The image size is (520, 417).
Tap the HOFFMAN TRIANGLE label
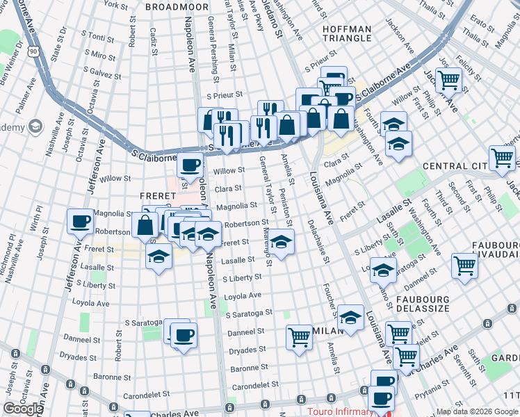pyautogui.click(x=347, y=33)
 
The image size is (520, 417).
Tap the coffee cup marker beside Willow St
pyautogui.click(x=190, y=166)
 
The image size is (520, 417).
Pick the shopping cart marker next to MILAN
pyautogui.click(x=299, y=338)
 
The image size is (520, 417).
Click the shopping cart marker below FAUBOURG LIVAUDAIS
pyautogui.click(x=464, y=265)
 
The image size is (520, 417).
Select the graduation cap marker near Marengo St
pyautogui.click(x=281, y=242)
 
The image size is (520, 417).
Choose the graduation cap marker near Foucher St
pyautogui.click(x=351, y=318)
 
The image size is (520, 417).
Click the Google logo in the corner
pyautogui.click(x=23, y=409)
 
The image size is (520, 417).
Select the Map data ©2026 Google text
pyautogui.click(x=476, y=411)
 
